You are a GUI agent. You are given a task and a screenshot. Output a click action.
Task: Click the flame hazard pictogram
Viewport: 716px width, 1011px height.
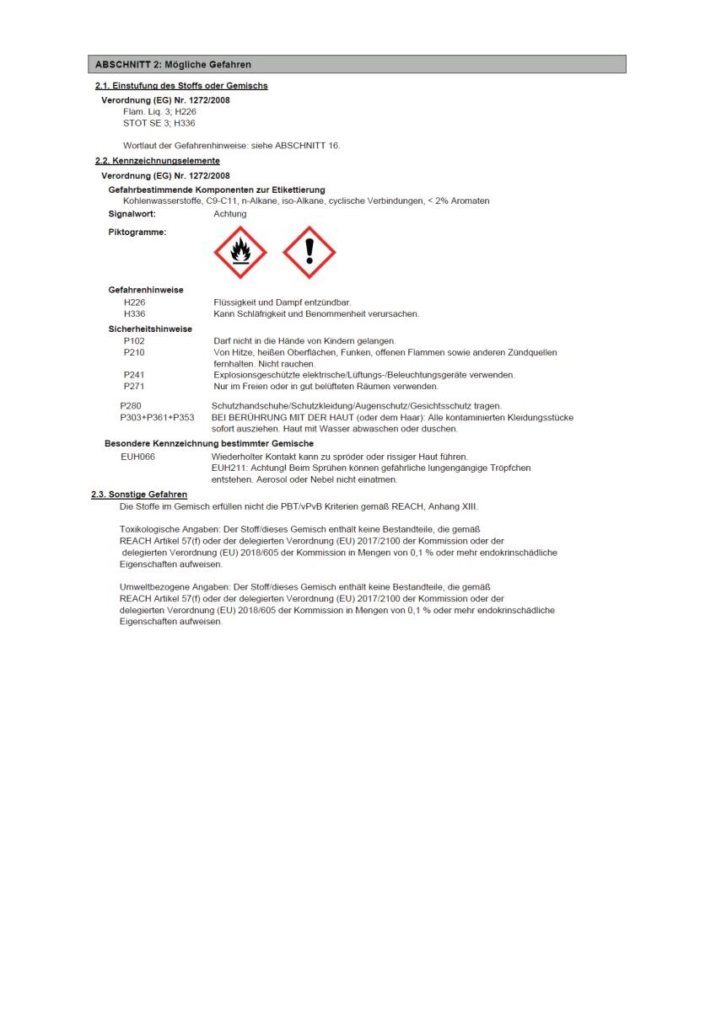pos(240,252)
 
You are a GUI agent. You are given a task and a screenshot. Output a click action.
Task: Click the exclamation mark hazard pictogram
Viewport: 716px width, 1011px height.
pos(309,252)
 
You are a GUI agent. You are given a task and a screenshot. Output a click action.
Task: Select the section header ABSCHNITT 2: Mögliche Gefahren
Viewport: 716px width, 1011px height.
pos(173,65)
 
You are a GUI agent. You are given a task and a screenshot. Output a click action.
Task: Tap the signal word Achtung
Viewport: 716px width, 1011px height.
pos(230,214)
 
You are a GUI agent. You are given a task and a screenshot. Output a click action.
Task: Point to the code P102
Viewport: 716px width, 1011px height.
pos(134,340)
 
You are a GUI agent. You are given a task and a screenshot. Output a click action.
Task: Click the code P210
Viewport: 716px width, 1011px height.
pos(134,352)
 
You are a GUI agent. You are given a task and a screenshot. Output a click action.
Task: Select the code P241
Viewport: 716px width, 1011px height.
pos(134,375)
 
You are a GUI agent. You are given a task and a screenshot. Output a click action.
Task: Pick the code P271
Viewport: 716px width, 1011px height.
pos(134,386)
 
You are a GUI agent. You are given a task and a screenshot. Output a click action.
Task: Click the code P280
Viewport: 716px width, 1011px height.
pos(132,406)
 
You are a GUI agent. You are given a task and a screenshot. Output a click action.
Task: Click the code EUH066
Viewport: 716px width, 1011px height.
pos(138,457)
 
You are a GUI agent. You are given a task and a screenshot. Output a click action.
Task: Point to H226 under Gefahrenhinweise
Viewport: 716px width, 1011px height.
pos(134,302)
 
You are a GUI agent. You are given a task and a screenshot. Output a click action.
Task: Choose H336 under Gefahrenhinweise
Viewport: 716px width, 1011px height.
pos(134,313)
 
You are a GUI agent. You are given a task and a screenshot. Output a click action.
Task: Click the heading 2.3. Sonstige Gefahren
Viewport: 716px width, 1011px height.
pos(139,495)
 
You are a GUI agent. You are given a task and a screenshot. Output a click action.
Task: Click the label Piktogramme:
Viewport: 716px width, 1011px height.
pos(137,232)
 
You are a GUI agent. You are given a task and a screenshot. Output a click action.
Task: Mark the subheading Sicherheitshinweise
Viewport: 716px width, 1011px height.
pos(150,329)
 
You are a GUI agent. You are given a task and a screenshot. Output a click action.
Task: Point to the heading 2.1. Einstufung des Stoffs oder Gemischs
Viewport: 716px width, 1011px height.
pos(181,86)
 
